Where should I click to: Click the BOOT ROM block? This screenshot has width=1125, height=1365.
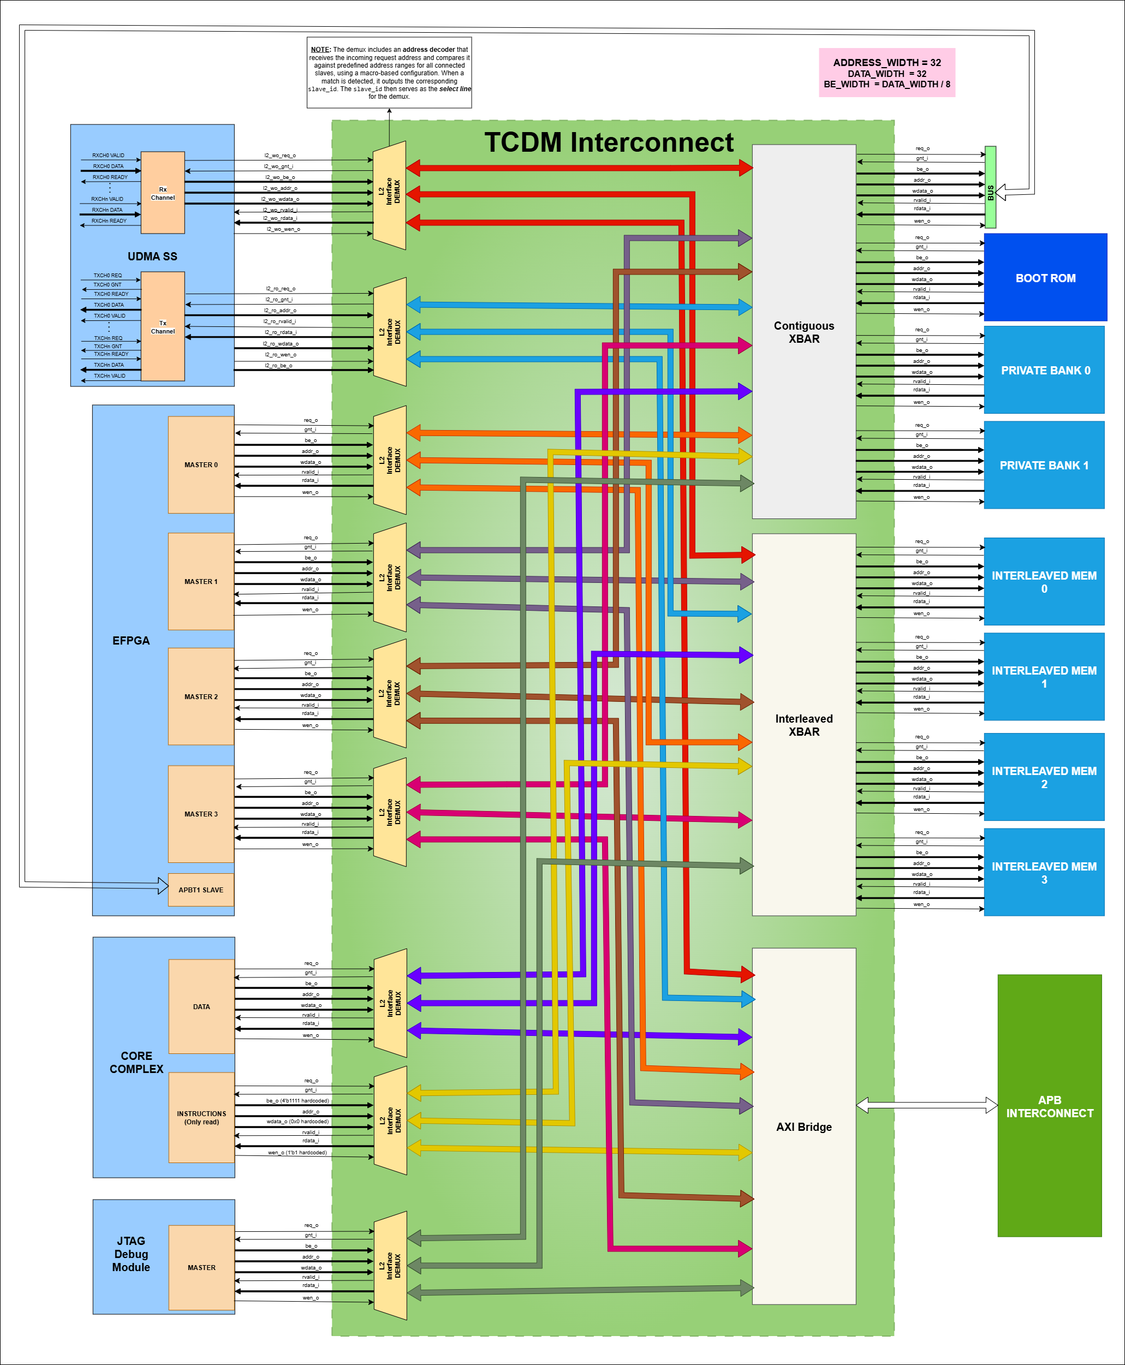1045,277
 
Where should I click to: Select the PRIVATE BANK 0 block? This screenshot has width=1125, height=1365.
1044,370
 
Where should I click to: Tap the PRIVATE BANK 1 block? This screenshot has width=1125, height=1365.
1044,465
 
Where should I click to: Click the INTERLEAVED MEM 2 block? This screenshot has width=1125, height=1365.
1044,777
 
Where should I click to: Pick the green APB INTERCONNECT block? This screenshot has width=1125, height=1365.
1049,1106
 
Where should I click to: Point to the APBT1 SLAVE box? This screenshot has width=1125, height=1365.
201,890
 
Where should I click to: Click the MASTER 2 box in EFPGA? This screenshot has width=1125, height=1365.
201,696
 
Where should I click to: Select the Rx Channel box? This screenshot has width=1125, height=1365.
163,193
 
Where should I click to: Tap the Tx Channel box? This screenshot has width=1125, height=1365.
163,326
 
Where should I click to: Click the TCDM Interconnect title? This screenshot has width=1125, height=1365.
609,142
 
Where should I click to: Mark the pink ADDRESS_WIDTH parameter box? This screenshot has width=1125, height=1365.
886,73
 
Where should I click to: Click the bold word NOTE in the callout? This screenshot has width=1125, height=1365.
320,49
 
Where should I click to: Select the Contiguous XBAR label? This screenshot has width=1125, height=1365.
803,332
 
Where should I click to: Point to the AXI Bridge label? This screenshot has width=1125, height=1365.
803,1126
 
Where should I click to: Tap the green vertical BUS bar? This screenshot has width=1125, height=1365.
990,187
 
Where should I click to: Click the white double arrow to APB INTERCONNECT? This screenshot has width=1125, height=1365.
927,1105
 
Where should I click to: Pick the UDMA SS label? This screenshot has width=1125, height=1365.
152,257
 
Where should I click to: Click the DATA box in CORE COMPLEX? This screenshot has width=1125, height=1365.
201,1006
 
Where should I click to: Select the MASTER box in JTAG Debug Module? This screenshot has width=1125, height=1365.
201,1267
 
